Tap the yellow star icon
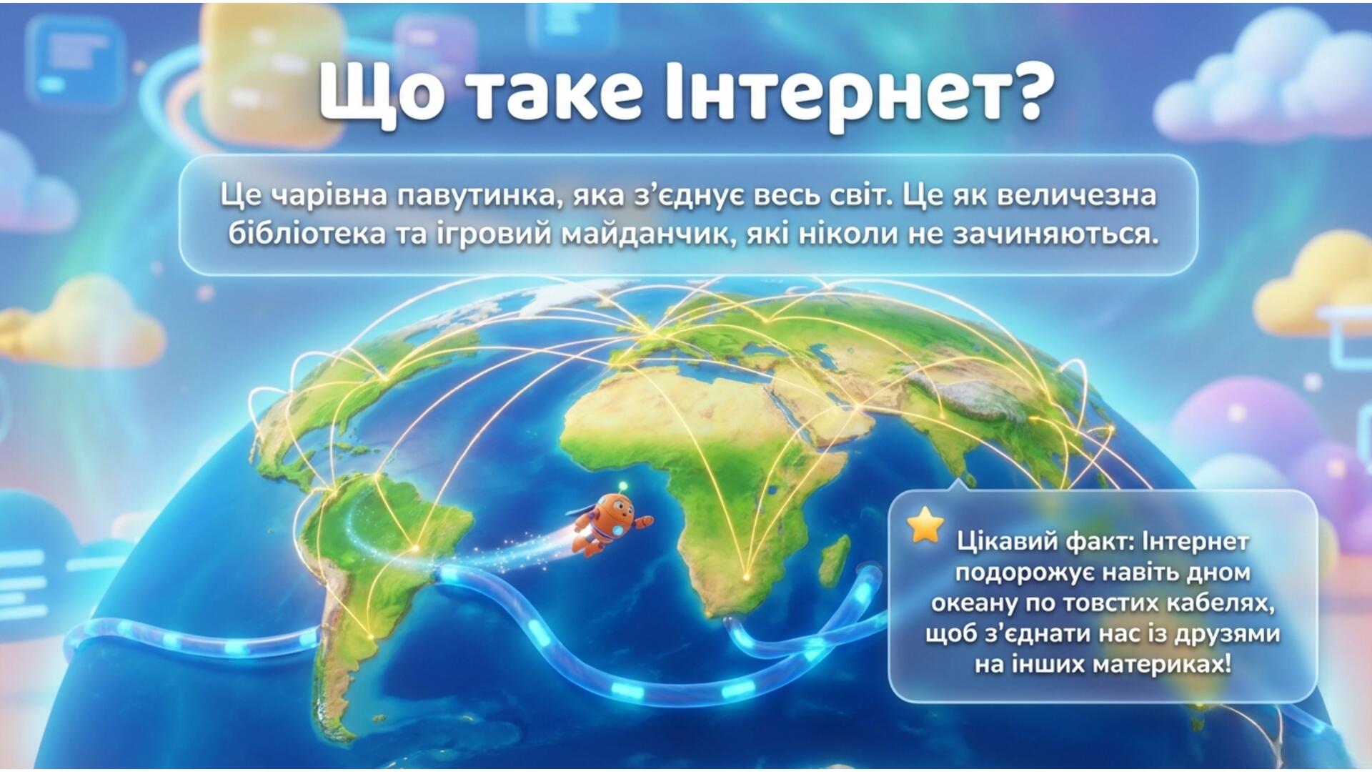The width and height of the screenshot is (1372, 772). point(925,526)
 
